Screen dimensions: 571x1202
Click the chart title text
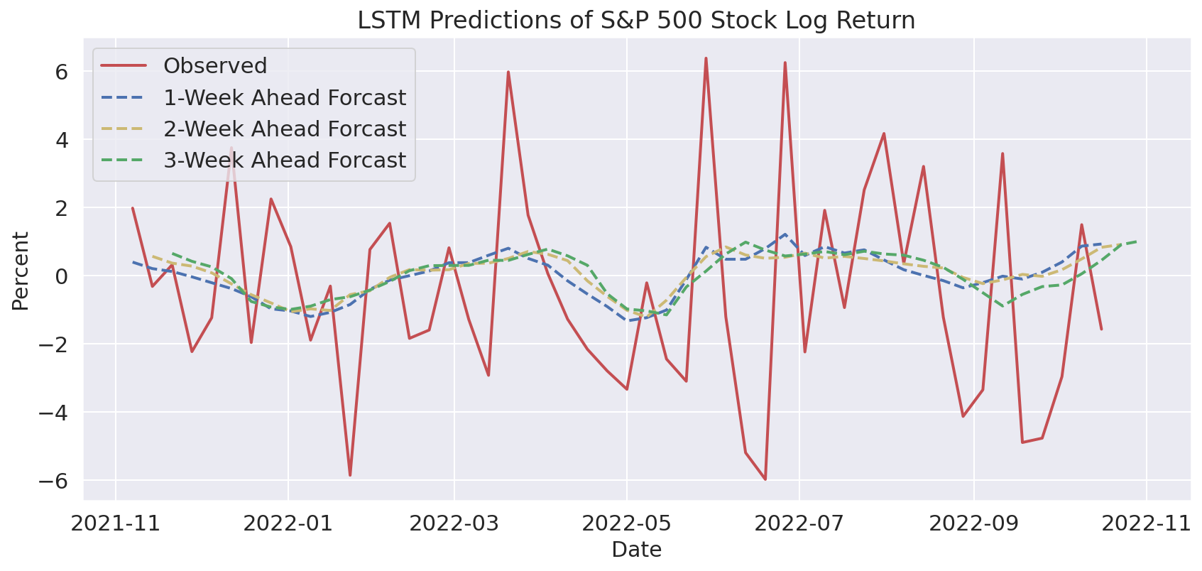[x=636, y=21]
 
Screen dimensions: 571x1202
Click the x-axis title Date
[x=636, y=550]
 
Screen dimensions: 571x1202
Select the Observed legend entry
[x=214, y=66]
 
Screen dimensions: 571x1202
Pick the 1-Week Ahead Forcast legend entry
[x=284, y=97]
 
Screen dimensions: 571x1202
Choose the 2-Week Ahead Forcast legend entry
[x=284, y=129]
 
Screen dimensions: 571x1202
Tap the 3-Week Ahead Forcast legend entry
[x=284, y=161]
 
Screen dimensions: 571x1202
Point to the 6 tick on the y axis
[x=62, y=72]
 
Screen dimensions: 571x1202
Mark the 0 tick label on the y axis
[x=62, y=276]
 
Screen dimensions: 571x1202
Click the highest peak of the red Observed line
[x=706, y=58]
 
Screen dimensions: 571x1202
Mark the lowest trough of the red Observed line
[x=765, y=479]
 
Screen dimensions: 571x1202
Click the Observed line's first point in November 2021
[x=133, y=208]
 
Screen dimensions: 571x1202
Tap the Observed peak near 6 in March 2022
[x=508, y=72]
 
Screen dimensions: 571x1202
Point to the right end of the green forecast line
[x=1137, y=241]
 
